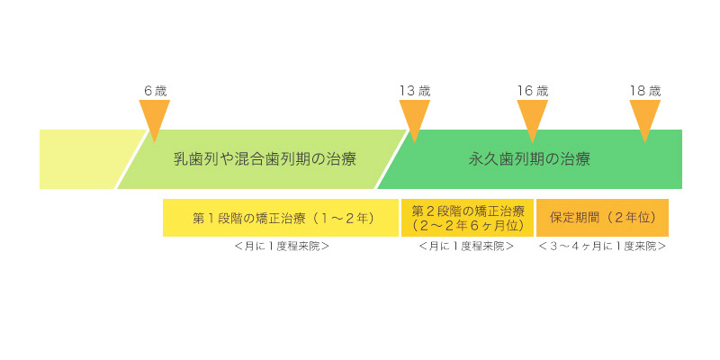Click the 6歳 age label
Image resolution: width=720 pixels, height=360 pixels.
pyautogui.click(x=155, y=91)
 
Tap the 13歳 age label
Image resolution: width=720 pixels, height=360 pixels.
pyautogui.click(x=415, y=91)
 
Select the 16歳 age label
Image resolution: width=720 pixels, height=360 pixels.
pyautogui.click(x=533, y=91)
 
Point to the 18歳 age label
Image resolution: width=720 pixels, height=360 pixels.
pyautogui.click(x=644, y=91)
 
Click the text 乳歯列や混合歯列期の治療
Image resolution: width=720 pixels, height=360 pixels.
pyautogui.click(x=265, y=159)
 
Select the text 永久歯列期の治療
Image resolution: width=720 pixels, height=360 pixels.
pyautogui.click(x=529, y=159)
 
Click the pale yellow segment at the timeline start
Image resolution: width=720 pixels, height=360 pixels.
pyautogui.click(x=85, y=159)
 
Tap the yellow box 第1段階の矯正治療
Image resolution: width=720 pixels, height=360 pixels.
pyautogui.click(x=281, y=218)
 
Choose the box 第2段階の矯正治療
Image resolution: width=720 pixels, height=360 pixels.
pyautogui.click(x=467, y=218)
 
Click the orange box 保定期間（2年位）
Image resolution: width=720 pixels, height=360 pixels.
pyautogui.click(x=602, y=218)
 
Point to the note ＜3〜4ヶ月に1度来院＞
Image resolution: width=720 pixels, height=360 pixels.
pyautogui.click(x=602, y=246)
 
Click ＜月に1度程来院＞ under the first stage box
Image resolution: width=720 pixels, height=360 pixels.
pyautogui.click(x=281, y=246)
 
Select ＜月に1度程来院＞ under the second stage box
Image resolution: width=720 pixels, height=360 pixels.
pyautogui.click(x=466, y=246)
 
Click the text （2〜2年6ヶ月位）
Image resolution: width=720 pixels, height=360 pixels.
pyautogui.click(x=467, y=225)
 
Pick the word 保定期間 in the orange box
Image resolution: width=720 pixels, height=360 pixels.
pyautogui.click(x=576, y=218)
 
